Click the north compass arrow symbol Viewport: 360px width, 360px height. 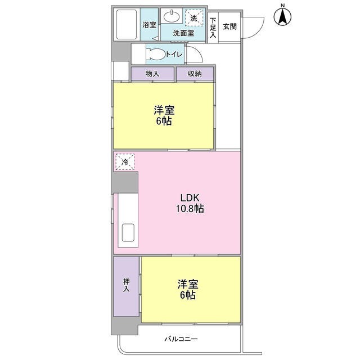[282, 16]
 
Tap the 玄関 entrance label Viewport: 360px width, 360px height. [229, 26]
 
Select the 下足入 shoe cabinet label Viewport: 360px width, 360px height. [213, 28]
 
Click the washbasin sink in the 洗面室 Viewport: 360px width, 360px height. [172, 16]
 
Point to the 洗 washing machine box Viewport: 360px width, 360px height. [194, 18]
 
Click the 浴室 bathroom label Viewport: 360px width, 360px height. [149, 25]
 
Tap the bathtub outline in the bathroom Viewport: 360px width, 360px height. [127, 24]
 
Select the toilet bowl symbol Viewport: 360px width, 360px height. [157, 54]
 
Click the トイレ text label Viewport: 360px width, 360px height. [174, 55]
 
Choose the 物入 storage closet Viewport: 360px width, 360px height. [152, 74]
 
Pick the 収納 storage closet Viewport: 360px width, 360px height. [195, 74]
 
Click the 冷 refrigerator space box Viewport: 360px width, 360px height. [125, 162]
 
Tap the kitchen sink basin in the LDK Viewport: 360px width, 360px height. [128, 232]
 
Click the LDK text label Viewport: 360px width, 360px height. [190, 197]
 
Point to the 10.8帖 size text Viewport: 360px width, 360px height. [190, 209]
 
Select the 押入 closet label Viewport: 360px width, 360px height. [126, 285]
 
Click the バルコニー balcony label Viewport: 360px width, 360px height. [181, 339]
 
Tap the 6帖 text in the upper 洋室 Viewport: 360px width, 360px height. [164, 121]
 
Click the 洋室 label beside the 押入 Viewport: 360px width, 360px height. [188, 284]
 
